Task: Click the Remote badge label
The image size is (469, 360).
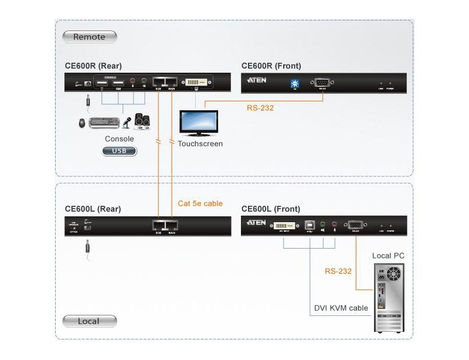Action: [x=89, y=37]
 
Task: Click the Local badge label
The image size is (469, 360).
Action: [x=89, y=321]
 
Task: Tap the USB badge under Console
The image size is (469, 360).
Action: [x=120, y=151]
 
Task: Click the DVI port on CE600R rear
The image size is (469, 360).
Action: [x=197, y=83]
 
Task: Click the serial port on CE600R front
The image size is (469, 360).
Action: [x=322, y=83]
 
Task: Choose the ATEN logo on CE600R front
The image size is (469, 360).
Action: [x=257, y=80]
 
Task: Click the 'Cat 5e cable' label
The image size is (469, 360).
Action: [x=200, y=203]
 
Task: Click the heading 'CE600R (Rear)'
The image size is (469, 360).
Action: [x=94, y=66]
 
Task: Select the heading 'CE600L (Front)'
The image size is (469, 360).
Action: [x=271, y=209]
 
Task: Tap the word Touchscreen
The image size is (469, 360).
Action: [x=200, y=144]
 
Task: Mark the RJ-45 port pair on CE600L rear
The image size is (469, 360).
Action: [x=165, y=225]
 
